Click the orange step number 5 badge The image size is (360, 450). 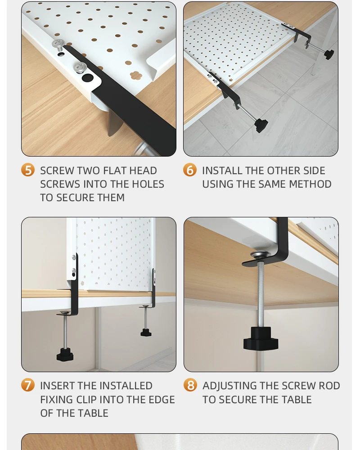click(x=28, y=170)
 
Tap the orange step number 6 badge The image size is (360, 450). click(x=190, y=170)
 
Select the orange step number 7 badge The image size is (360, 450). click(x=28, y=385)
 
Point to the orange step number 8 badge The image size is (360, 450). click(x=190, y=385)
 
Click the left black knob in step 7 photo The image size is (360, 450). click(x=65, y=355)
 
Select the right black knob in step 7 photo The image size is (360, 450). click(x=145, y=333)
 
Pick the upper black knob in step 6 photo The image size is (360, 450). click(x=329, y=54)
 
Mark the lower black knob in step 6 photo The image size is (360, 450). click(x=261, y=125)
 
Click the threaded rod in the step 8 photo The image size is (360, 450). click(x=261, y=292)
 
